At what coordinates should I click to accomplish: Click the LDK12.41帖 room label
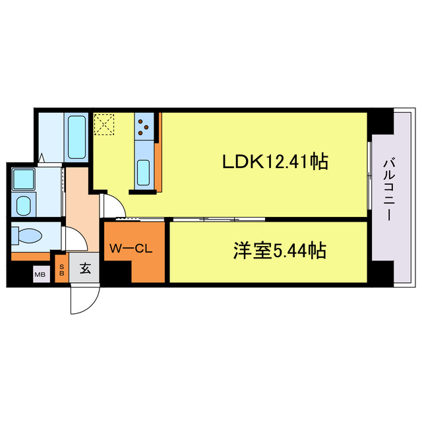276,162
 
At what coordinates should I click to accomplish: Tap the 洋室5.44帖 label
280,251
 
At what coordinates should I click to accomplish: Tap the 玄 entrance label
85,269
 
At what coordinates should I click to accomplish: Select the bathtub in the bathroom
77,136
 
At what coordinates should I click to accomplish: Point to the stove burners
144,125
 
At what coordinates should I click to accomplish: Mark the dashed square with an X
104,125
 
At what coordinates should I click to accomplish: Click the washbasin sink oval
24,204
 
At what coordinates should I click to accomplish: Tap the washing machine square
24,178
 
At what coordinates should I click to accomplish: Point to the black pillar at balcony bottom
380,271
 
